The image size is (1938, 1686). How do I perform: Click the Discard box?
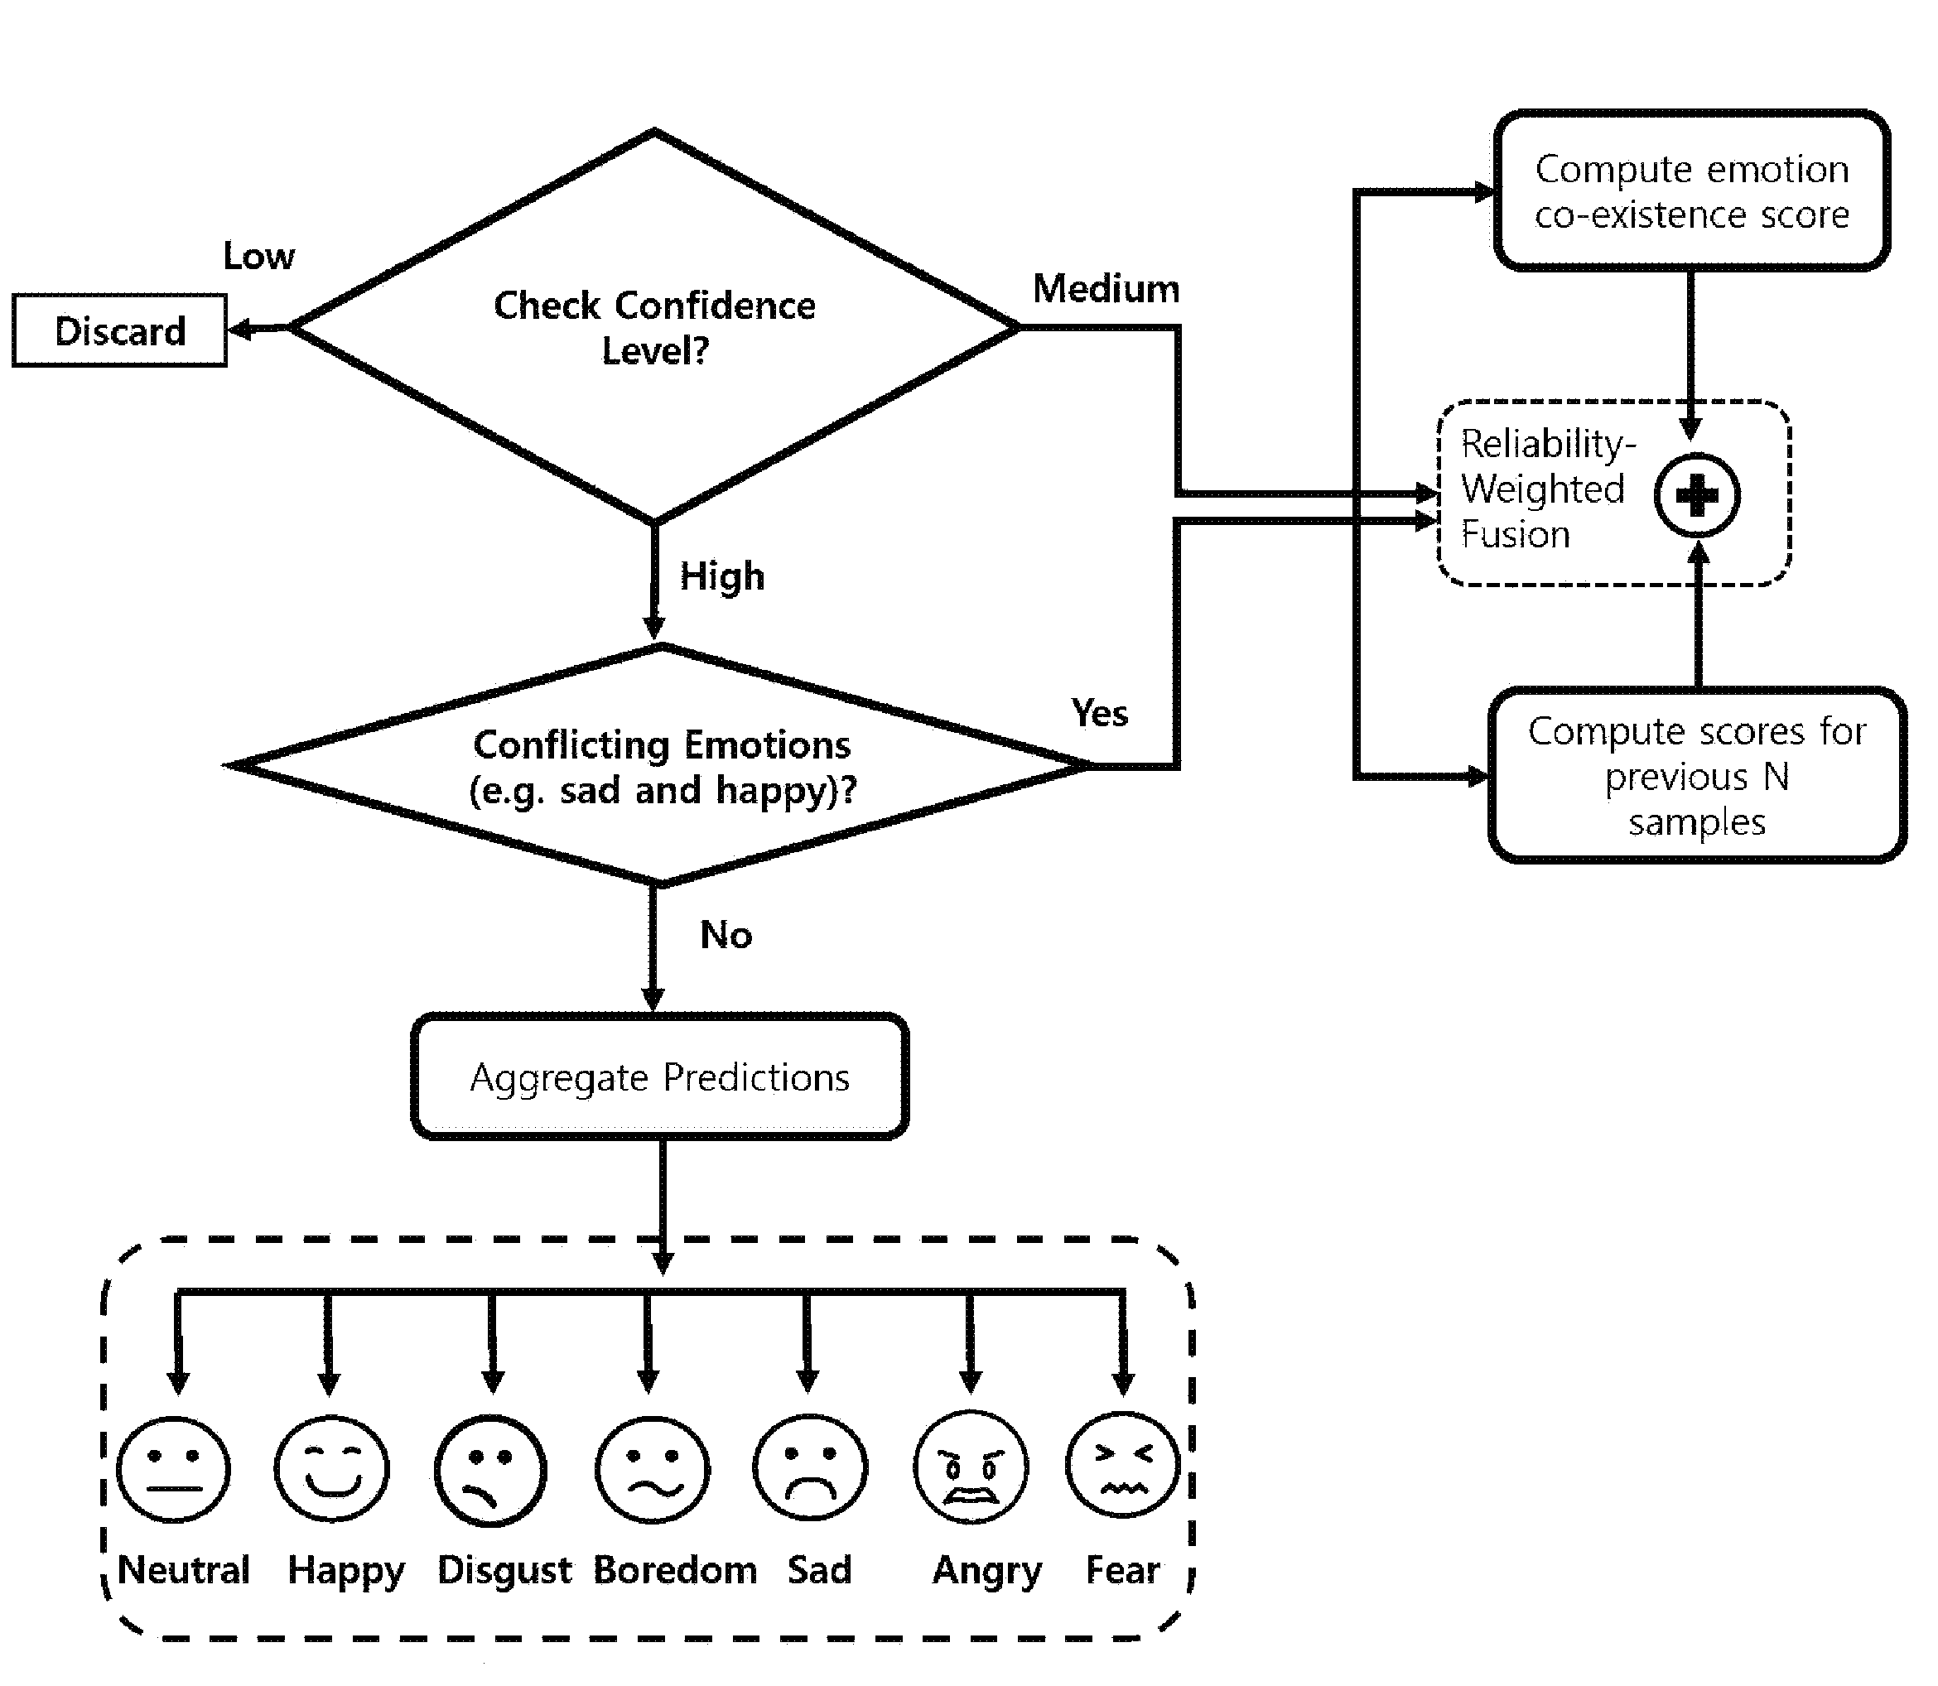coord(119,330)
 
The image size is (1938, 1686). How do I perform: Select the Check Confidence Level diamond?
coord(655,326)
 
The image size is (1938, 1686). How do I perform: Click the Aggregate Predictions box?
coord(660,1077)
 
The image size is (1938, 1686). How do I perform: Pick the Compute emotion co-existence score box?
coord(1691,191)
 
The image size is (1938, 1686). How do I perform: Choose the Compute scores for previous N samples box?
coord(1697,775)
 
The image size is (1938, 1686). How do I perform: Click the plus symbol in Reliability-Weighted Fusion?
coord(1697,495)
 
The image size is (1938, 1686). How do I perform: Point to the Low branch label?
coord(258,256)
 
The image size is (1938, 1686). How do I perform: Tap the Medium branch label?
coord(1106,289)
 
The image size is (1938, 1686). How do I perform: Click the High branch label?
coord(722,576)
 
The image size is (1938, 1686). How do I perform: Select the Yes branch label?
coord(1100,713)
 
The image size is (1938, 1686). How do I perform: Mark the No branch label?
coord(726,935)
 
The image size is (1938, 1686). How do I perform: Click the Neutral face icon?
coord(173,1469)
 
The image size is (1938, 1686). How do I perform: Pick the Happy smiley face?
coord(331,1469)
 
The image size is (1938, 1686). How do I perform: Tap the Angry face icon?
coord(971,1467)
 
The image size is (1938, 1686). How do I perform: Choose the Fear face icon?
coord(1122,1465)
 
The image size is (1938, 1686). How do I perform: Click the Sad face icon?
coord(810,1467)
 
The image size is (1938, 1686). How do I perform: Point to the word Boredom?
coord(676,1570)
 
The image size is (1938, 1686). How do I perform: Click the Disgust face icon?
coord(490,1471)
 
